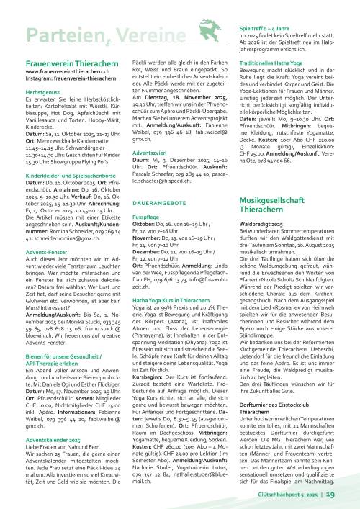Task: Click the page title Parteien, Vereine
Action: coord(79,37)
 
